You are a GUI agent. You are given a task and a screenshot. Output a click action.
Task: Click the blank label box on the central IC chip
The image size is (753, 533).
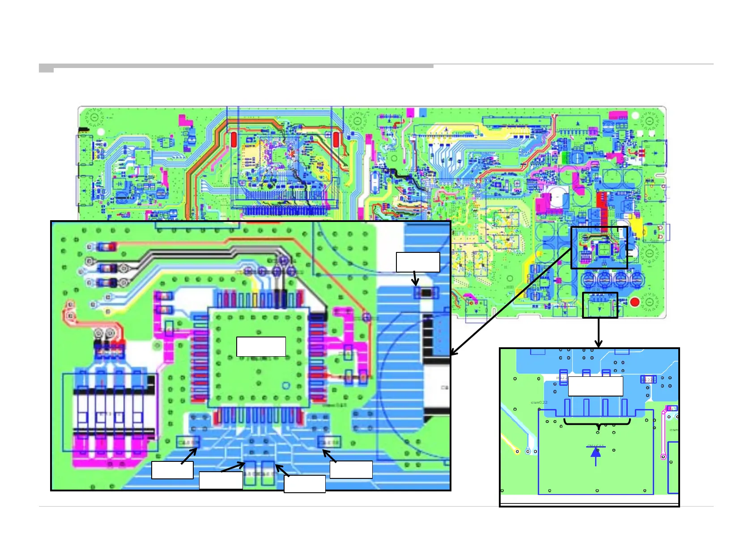pyautogui.click(x=261, y=347)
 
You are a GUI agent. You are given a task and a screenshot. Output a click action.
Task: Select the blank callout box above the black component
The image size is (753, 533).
pyautogui.click(x=418, y=262)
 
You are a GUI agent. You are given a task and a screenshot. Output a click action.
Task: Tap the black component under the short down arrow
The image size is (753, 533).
pyautogui.click(x=427, y=293)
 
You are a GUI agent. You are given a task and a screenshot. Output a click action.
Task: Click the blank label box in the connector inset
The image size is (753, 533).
pyautogui.click(x=595, y=386)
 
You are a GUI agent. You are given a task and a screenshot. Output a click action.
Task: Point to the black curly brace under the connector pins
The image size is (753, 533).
pyautogui.click(x=597, y=422)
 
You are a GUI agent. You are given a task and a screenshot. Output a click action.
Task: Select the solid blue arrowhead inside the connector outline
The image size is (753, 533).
pyautogui.click(x=596, y=452)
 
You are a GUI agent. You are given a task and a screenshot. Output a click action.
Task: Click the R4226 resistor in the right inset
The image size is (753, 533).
pyautogui.click(x=648, y=379)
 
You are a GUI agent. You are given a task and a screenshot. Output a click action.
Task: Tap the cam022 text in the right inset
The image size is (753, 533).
pyautogui.click(x=539, y=402)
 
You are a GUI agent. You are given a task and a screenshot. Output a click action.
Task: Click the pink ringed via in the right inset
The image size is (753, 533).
pyautogui.click(x=663, y=457)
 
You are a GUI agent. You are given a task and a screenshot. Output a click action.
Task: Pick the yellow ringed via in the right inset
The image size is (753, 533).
pyautogui.click(x=518, y=451)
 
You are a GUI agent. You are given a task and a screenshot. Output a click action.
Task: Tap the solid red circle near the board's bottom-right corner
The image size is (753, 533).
pyautogui.click(x=634, y=302)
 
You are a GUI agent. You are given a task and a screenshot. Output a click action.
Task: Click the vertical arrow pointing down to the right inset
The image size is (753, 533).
pyautogui.click(x=599, y=333)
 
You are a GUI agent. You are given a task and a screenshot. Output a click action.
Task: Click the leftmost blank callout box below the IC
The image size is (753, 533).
pyautogui.click(x=172, y=470)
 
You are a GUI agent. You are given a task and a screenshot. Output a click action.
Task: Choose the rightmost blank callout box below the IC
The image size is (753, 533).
pyautogui.click(x=351, y=469)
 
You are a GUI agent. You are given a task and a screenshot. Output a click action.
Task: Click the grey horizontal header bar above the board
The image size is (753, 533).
pyautogui.click(x=242, y=66)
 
